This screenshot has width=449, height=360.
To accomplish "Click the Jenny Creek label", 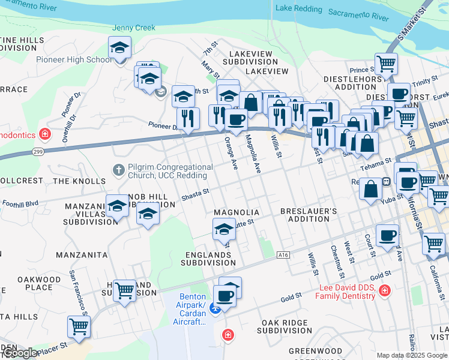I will click(x=134, y=28).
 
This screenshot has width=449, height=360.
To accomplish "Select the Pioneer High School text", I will click(x=74, y=59).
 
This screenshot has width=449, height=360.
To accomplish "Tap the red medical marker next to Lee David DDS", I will click(x=384, y=291).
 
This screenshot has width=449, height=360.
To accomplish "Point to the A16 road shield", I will click(x=284, y=255).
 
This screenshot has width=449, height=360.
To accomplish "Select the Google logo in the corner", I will click(x=19, y=353).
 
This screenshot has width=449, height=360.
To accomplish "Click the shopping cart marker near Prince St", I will click(x=386, y=63).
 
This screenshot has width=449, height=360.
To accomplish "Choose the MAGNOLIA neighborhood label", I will click(x=237, y=213).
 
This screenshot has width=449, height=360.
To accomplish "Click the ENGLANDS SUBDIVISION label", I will click(x=208, y=259).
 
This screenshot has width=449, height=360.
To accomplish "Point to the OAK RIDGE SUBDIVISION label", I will click(x=286, y=326).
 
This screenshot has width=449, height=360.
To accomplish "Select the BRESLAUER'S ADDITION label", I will click(x=309, y=215).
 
